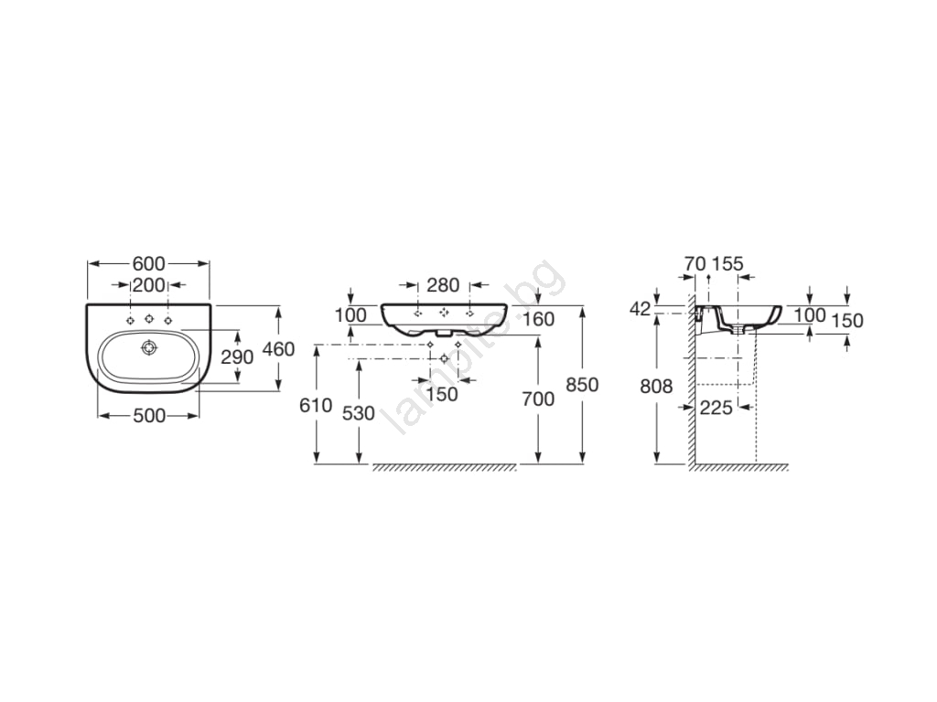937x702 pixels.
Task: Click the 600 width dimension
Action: (x=149, y=263)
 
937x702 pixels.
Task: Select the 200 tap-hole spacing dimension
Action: (x=149, y=285)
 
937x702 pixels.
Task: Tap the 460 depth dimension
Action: (x=279, y=348)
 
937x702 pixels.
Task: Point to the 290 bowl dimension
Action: (x=237, y=357)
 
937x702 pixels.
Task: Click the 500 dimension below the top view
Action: (x=149, y=416)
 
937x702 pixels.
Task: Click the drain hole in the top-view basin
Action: (x=148, y=347)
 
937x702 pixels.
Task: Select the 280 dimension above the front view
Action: (x=444, y=285)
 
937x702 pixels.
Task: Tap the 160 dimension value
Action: (x=538, y=319)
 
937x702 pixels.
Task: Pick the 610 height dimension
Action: (x=316, y=405)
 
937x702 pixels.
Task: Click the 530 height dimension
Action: (x=359, y=413)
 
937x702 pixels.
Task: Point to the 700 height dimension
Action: (x=538, y=399)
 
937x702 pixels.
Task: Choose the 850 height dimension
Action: (x=582, y=385)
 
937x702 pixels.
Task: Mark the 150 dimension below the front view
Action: (x=442, y=394)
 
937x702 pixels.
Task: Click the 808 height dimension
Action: (x=656, y=387)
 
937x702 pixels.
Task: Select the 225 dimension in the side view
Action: (x=716, y=408)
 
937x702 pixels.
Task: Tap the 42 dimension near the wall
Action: (x=640, y=309)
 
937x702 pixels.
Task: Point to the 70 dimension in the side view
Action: (x=695, y=263)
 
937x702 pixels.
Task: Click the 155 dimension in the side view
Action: (x=727, y=263)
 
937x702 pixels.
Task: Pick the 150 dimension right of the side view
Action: (x=847, y=321)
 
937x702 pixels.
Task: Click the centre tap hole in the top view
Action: (x=149, y=319)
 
